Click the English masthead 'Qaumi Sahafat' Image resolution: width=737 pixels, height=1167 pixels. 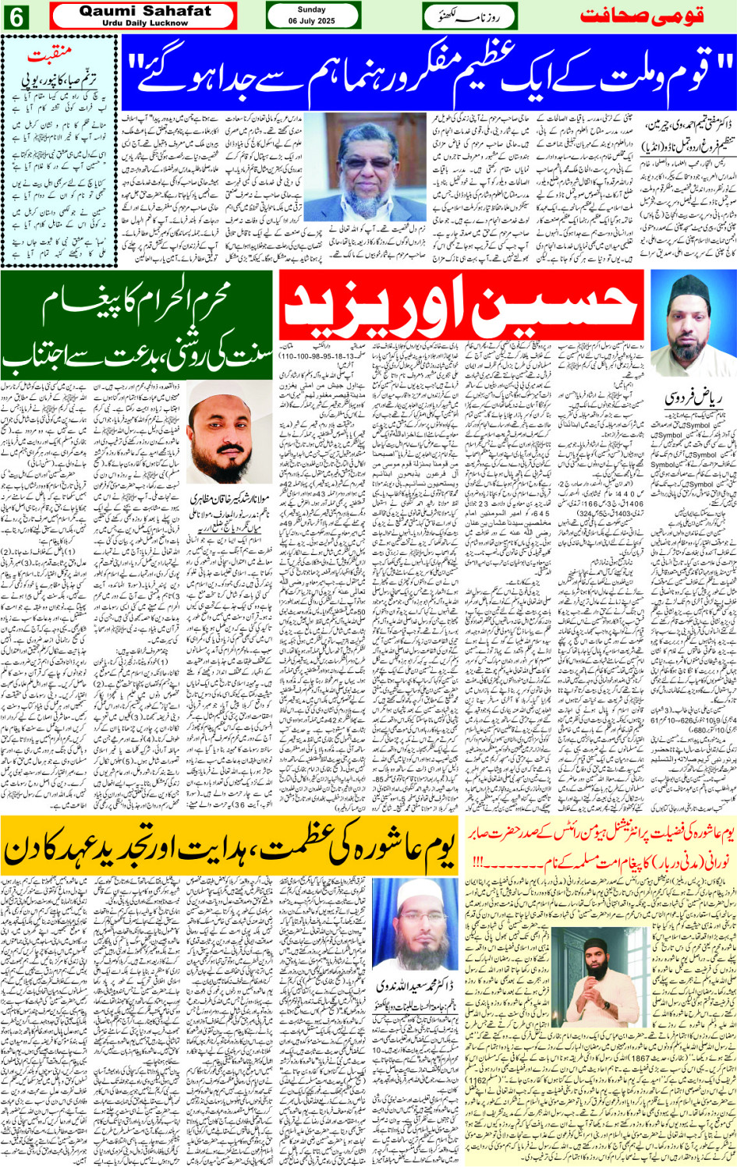(145, 11)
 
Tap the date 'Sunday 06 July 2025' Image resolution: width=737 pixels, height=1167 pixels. (312, 16)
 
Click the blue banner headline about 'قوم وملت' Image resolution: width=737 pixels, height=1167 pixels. (427, 72)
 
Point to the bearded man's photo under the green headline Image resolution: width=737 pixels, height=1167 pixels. (229, 432)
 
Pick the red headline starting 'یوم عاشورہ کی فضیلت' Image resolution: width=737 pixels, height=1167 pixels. (601, 843)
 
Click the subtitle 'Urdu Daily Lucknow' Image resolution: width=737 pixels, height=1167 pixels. (145, 23)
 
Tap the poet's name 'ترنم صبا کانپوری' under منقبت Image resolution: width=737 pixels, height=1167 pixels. (58, 80)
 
